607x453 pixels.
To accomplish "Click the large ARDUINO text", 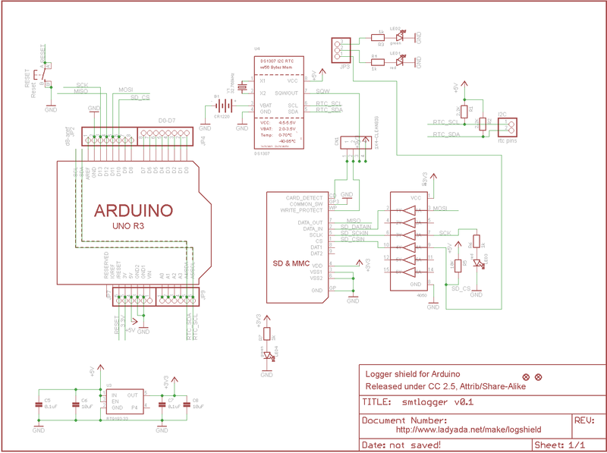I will [x=134, y=210].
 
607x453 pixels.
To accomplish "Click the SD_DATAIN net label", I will [x=356, y=225].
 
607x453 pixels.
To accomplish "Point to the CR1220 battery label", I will [x=222, y=118].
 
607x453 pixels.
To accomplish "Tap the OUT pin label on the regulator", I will [x=133, y=395].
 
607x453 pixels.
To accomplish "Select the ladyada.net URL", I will [x=468, y=429].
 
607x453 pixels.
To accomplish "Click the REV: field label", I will [x=586, y=420].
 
